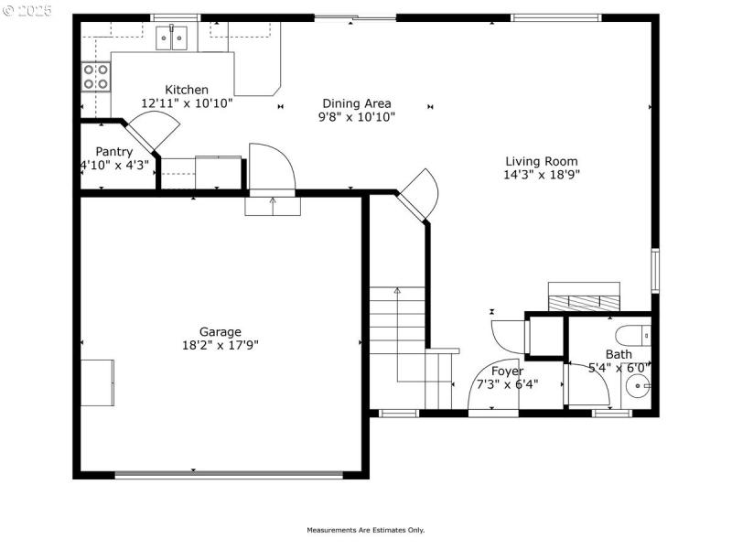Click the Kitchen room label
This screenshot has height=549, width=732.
point(187,90)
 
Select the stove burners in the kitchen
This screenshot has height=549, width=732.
point(95,76)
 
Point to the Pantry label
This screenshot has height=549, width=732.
point(114,152)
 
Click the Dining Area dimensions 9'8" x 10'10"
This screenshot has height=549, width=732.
point(357,117)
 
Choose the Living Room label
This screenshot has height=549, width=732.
point(542,161)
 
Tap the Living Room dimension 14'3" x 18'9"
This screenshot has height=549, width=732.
point(542,174)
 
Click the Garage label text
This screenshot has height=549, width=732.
point(221,332)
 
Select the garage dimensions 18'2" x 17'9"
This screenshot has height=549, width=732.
point(221,345)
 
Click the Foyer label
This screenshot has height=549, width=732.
point(507,371)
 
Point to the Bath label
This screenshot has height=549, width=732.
point(619,354)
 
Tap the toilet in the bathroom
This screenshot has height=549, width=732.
point(633,333)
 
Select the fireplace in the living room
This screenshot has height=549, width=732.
point(583,297)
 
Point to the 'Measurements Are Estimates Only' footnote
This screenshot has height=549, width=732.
point(365,530)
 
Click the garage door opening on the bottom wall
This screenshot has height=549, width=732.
point(229,474)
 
